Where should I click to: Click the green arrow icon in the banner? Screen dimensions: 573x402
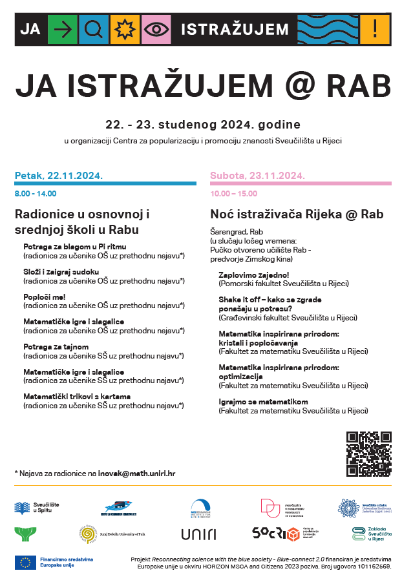point(63,29)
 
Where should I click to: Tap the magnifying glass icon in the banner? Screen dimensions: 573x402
point(94,29)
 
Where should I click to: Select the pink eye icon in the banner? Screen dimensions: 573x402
point(156,29)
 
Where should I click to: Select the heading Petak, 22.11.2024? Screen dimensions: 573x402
point(59,175)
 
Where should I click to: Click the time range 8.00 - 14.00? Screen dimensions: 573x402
point(36,193)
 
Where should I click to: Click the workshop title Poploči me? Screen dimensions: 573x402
point(45,297)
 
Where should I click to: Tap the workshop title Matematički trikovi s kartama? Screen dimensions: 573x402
point(77,396)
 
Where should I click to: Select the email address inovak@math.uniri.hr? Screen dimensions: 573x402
point(136,473)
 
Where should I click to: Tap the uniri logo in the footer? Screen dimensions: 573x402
point(198,534)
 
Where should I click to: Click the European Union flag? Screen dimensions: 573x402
point(25,561)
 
